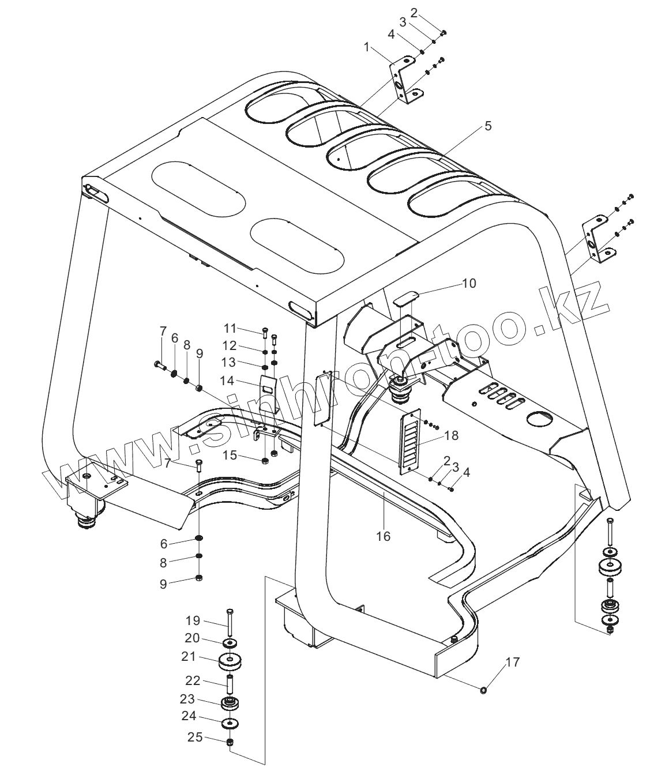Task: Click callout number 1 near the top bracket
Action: tap(366, 47)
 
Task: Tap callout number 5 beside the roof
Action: tap(488, 126)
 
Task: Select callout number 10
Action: tap(469, 283)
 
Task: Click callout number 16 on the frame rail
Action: tap(383, 536)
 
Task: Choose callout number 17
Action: tap(512, 662)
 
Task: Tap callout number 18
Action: tap(452, 435)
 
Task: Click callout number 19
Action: tap(193, 620)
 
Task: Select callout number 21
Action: tap(189, 656)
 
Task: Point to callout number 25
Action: tap(194, 736)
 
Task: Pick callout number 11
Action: tap(230, 328)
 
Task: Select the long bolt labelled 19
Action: tap(230, 623)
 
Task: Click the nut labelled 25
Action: tap(230, 742)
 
